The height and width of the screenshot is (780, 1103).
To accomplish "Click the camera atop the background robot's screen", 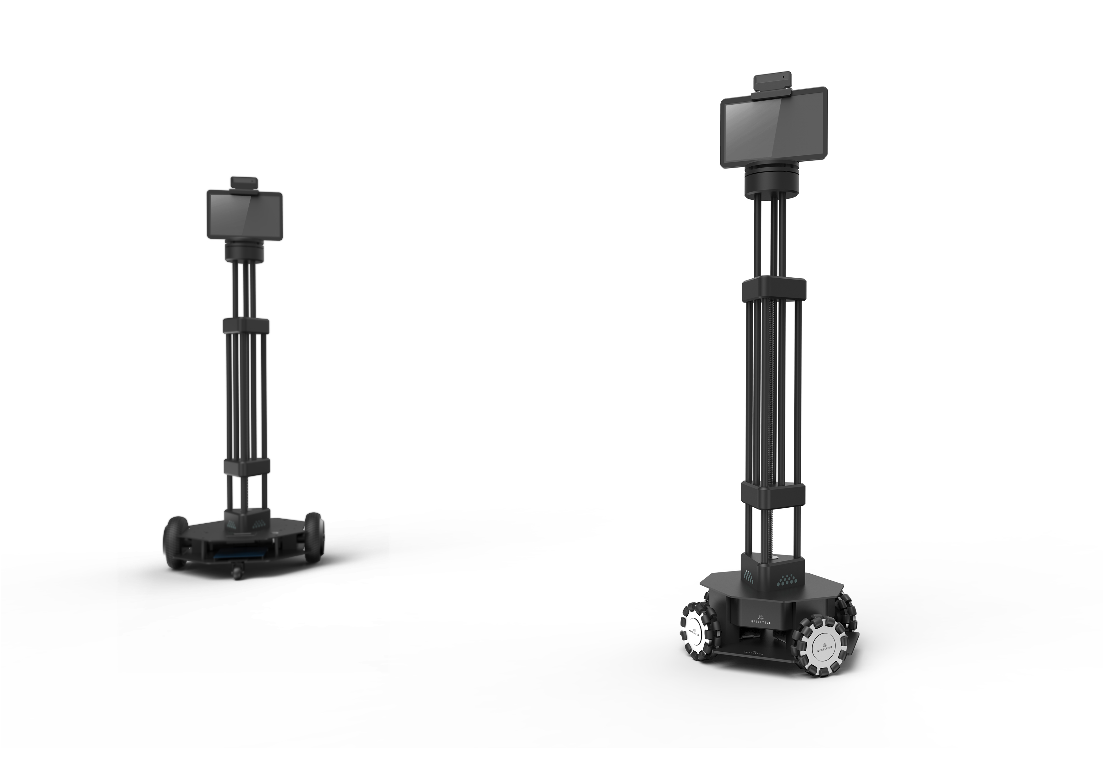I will point(245,183).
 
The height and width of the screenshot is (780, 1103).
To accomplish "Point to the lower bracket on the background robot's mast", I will point(246,466).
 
